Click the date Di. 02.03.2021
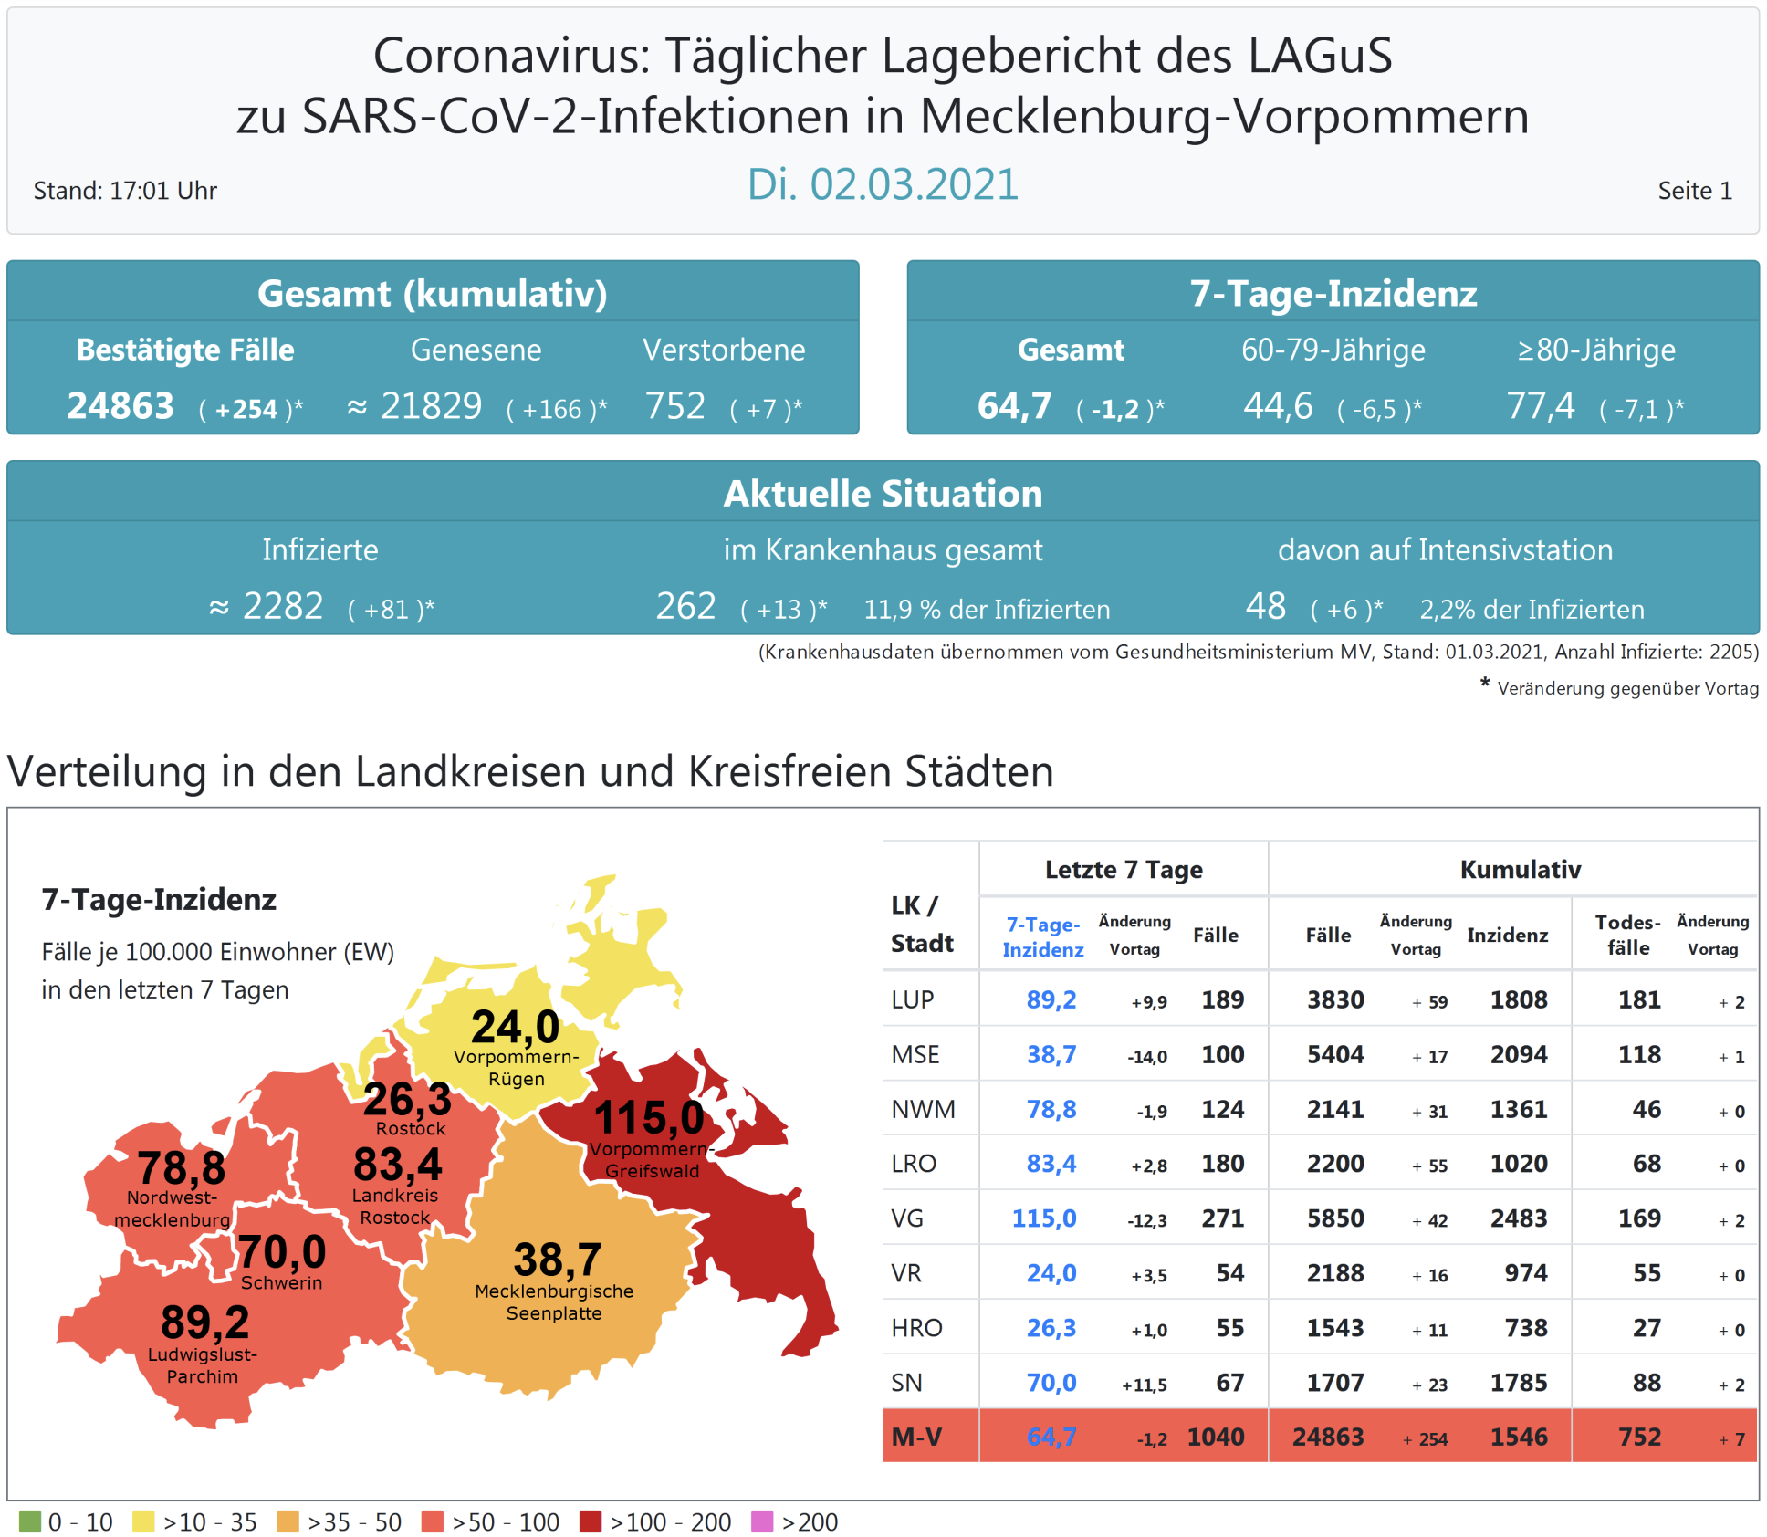[882, 184]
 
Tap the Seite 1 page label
[1694, 191]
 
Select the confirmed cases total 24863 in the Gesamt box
[120, 406]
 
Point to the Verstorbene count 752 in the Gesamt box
[675, 406]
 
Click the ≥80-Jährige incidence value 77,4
[1541, 406]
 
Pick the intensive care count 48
[1265, 606]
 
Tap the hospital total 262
[685, 606]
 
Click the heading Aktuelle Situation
[883, 494]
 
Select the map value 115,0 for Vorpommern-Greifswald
[649, 1118]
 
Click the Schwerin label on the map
[281, 1282]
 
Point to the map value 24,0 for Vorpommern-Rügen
[515, 1027]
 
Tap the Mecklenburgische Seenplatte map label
[554, 1302]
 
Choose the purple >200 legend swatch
[761, 1521]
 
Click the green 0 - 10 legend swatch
[30, 1521]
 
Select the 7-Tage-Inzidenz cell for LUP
[1051, 999]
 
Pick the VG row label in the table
[907, 1218]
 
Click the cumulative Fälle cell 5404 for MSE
[1334, 1054]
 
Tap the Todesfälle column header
[1627, 935]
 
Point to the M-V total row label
[916, 1437]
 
